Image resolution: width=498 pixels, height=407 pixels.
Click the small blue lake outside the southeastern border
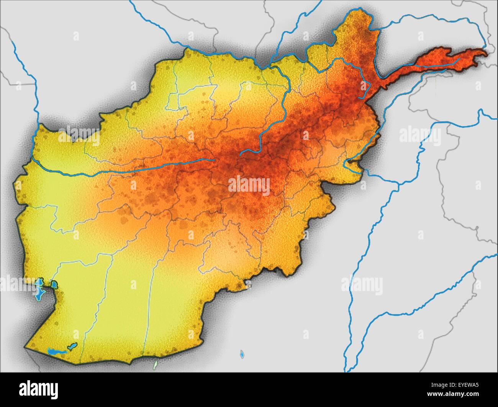pos(242,354)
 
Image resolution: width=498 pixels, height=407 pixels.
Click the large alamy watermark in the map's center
pos(249,185)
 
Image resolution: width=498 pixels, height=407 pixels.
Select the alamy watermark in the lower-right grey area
pos(362,284)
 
